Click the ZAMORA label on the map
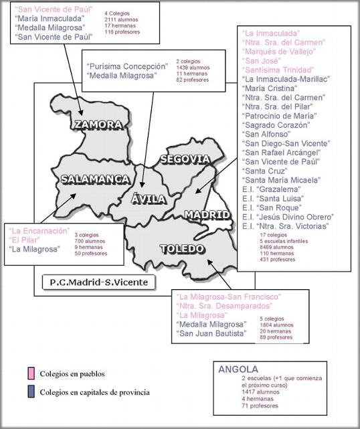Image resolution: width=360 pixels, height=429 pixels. tap(98, 124)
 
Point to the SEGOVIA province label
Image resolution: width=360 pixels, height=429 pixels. tap(185, 159)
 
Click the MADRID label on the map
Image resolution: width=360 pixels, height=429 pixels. tap(207, 214)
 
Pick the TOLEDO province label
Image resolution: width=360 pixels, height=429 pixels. tap(181, 249)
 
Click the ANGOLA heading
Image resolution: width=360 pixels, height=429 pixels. tap(238, 369)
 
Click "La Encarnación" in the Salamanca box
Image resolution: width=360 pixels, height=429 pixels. tap(40, 230)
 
